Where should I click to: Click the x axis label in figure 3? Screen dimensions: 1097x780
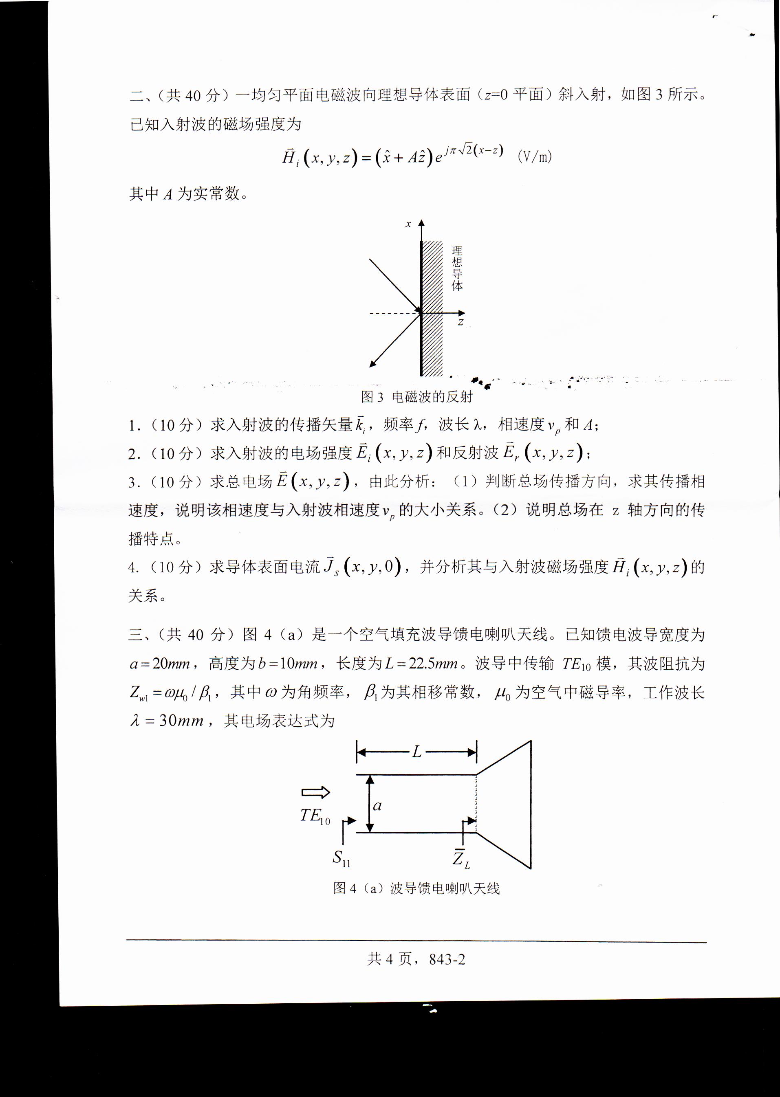tap(408, 224)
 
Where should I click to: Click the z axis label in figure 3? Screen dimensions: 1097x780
tap(461, 322)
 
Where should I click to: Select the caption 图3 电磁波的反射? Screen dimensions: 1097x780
tap(416, 396)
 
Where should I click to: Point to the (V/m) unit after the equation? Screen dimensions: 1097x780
tap(535, 156)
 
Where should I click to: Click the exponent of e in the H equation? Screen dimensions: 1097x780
tap(474, 151)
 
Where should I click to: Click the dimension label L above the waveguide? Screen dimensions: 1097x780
tap(416, 752)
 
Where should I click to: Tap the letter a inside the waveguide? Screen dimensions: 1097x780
tap(377, 806)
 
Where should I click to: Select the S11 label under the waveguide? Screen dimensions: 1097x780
tap(341, 858)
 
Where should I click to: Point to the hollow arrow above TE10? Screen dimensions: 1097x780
tap(315, 792)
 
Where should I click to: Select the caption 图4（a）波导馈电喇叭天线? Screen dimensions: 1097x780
tap(416, 888)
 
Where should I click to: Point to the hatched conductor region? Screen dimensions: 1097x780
tap(432, 307)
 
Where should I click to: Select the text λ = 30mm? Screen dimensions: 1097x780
tap(167, 721)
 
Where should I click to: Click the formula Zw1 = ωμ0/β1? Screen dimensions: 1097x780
tap(170, 692)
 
